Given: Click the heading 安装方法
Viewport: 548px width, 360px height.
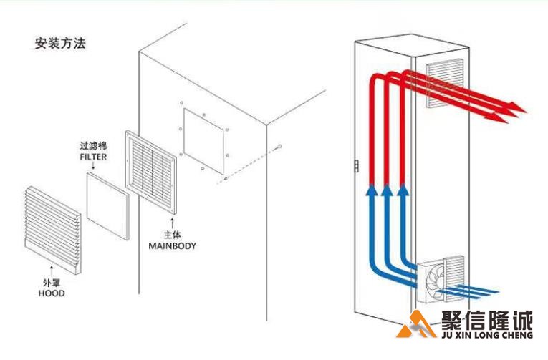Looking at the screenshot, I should point(60,43).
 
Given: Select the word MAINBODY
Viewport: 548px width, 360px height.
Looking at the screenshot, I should point(172,245).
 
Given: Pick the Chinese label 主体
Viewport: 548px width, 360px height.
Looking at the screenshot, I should point(172,235).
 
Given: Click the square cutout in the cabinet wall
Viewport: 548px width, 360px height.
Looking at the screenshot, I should point(206,141).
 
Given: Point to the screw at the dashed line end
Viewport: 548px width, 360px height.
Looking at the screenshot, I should point(279,147).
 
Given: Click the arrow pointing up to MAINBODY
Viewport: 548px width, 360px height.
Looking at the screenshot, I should point(172,223).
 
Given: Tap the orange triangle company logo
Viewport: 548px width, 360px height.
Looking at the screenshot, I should point(413,326).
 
